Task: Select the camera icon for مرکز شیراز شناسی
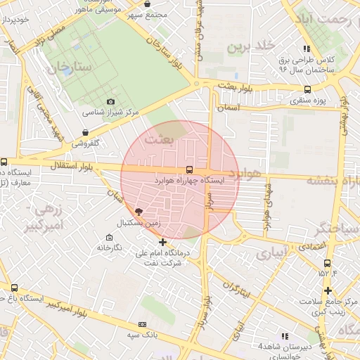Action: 110,102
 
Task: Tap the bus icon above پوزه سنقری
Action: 307,89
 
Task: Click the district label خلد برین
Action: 249,46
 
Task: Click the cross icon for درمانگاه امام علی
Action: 163,242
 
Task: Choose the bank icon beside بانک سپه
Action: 143,324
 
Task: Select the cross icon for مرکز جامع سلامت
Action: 328,290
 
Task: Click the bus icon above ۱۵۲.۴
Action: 327,263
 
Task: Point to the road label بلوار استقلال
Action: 80,166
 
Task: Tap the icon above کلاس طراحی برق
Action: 306,49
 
